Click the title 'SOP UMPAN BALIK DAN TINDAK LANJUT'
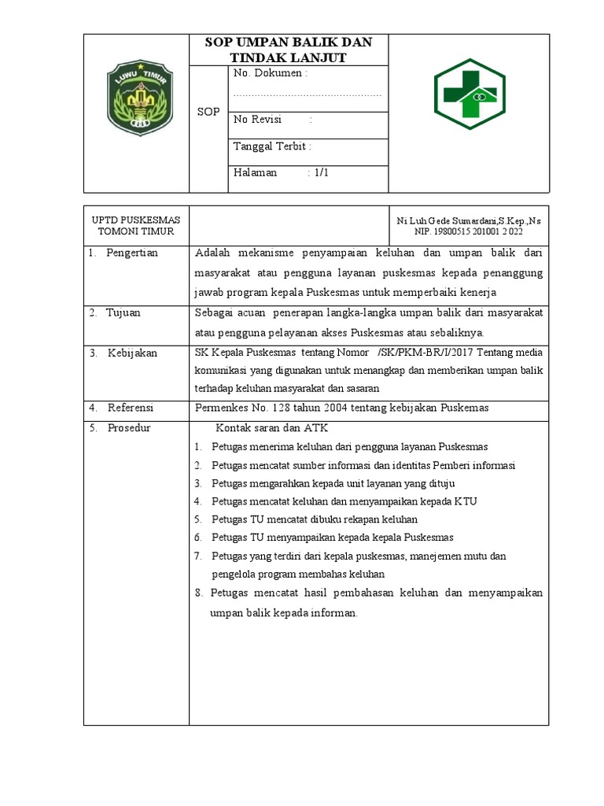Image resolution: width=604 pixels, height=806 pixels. (288, 50)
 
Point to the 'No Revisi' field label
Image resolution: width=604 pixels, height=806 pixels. (260, 120)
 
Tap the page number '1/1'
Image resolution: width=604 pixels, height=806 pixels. (320, 172)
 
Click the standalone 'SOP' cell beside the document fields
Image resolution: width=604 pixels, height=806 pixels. (208, 113)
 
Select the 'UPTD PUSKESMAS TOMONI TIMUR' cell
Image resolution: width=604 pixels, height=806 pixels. (136, 225)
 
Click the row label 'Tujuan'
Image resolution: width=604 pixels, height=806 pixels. (124, 312)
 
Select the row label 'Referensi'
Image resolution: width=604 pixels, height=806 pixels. (131, 407)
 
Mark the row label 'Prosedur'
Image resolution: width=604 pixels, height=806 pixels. (129, 427)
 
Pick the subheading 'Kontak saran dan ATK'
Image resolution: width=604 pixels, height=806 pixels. (271, 428)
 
